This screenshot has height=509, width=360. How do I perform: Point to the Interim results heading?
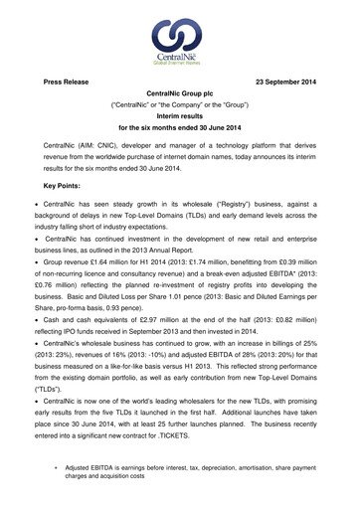[180, 113]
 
